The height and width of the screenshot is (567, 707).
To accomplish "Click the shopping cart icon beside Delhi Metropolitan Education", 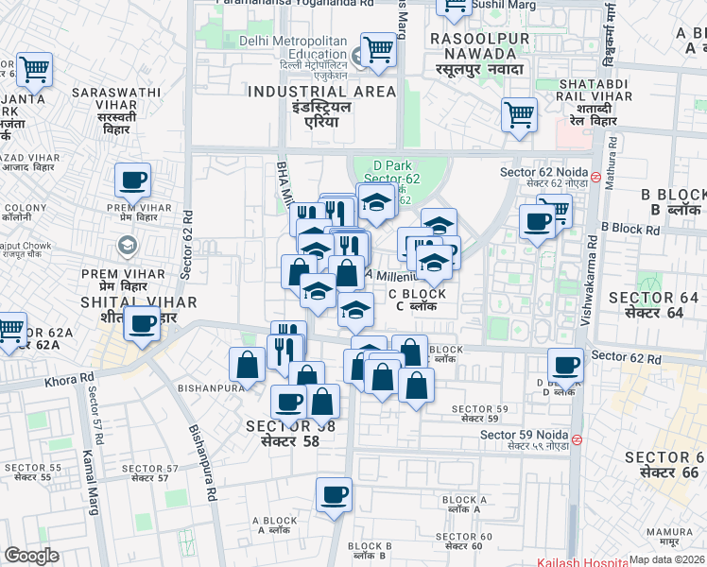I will point(378,49).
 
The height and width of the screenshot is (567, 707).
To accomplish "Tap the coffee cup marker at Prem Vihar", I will point(132,179).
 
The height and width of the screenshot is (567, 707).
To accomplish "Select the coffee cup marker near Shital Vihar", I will point(142,324).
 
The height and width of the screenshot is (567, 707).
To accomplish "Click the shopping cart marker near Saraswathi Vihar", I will point(34,68).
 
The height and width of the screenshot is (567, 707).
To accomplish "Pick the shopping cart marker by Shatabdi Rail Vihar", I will point(519,114).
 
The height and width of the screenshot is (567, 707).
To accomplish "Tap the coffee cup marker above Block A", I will point(333,494).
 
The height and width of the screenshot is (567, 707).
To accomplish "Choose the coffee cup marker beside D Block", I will point(566,365).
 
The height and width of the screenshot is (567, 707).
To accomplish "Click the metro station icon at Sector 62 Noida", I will point(595,174).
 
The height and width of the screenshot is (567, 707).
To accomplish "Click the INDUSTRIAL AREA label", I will point(322,92).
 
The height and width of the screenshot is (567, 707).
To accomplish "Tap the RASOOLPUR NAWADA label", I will point(478,39).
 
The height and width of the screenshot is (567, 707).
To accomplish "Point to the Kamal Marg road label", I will point(95,476).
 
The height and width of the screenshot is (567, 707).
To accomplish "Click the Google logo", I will point(31,556).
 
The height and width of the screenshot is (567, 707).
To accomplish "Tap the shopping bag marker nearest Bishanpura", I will point(247,365).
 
